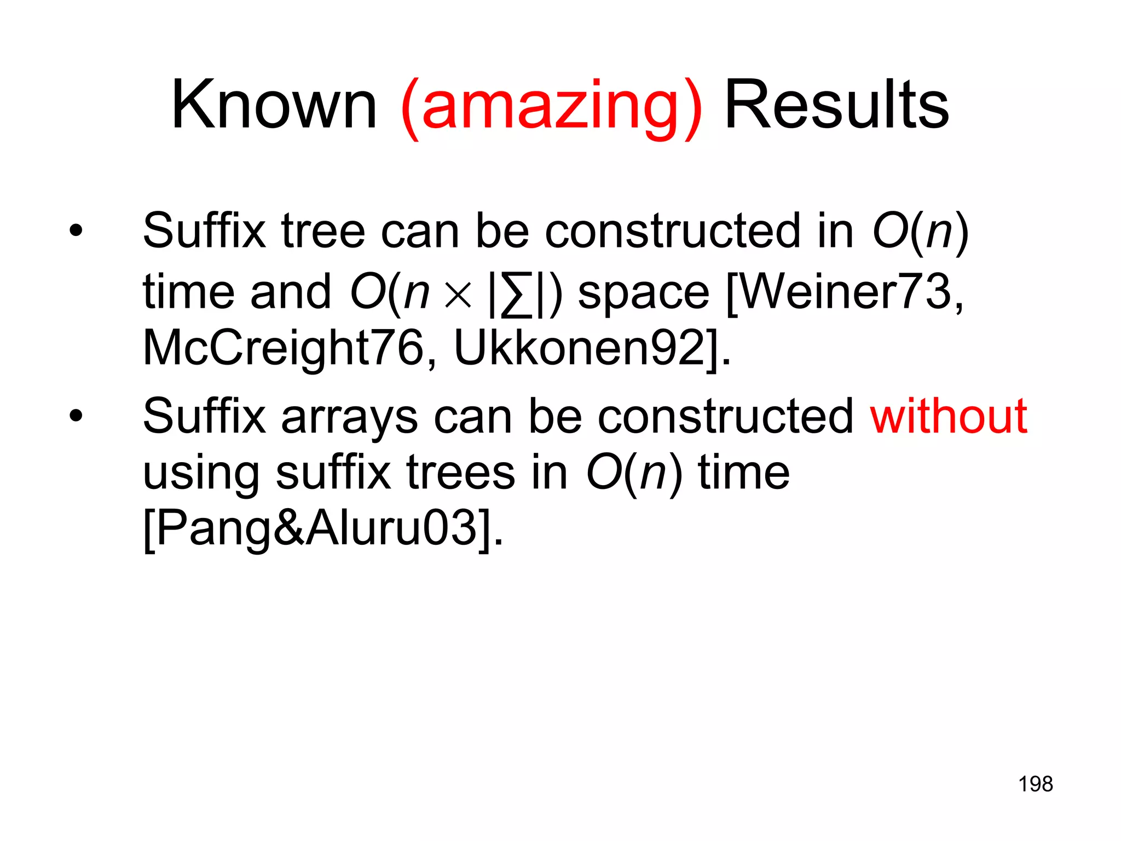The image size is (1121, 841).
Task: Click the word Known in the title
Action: pos(274,105)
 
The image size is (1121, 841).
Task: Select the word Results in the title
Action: pos(836,105)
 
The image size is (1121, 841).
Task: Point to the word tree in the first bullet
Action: pos(323,231)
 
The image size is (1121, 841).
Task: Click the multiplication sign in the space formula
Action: pos(458,295)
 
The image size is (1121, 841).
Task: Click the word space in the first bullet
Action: pos(644,293)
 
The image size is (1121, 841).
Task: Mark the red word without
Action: pos(949,416)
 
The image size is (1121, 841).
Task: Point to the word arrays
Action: pos(350,419)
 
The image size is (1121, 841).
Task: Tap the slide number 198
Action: pos(1036,784)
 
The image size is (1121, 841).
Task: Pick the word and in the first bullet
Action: pos(291,291)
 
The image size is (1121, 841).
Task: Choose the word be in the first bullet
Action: pos(502,231)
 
